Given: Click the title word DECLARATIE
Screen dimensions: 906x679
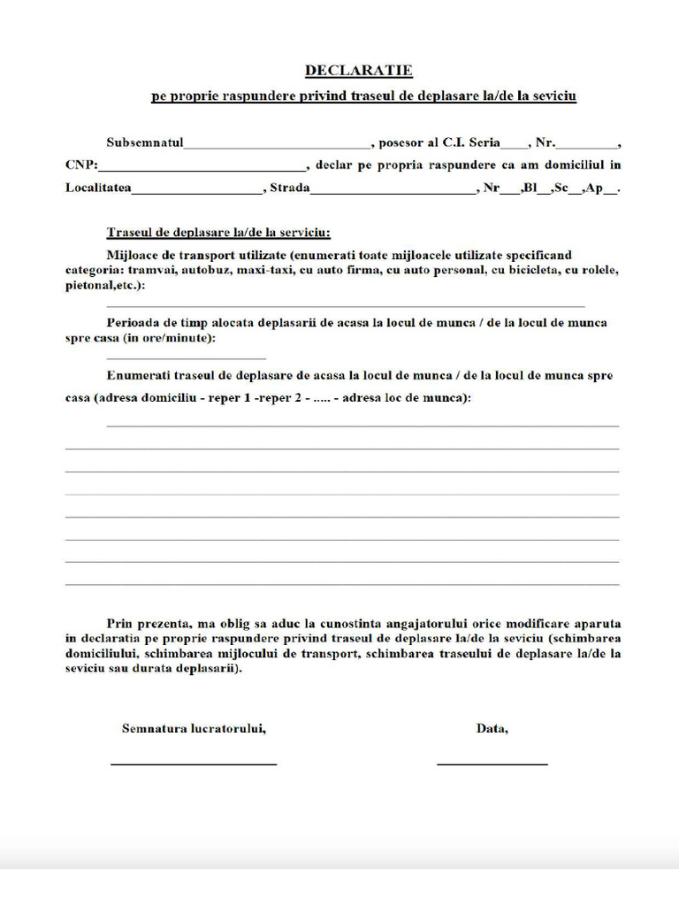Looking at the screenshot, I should [x=358, y=70].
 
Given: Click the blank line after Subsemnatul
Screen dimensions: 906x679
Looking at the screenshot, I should [x=277, y=145].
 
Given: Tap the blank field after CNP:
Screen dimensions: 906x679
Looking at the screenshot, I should [x=202, y=167].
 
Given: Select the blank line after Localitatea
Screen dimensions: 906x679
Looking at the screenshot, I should [x=197, y=190].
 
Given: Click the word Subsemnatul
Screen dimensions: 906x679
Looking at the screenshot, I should [x=145, y=142].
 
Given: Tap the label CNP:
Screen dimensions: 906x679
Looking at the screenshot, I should [x=81, y=165].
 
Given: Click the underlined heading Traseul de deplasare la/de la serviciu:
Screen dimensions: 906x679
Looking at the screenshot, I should [x=218, y=233].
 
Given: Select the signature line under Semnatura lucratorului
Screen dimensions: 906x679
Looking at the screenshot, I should [x=194, y=763].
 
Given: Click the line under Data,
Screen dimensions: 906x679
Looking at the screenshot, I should [x=492, y=763].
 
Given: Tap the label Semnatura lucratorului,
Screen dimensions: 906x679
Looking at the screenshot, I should [x=194, y=729].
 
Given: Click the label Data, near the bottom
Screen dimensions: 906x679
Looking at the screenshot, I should [x=492, y=729].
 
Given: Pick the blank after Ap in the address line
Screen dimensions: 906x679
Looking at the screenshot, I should [x=611, y=190].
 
